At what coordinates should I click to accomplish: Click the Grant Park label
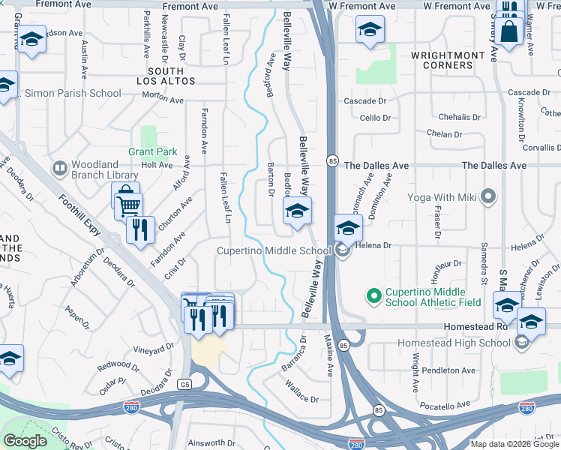153,151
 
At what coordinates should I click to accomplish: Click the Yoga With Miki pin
489,197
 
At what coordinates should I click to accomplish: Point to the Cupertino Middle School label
274,251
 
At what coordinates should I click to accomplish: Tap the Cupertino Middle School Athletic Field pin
372,296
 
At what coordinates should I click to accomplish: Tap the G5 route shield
184,384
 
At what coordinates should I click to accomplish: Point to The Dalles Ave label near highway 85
376,166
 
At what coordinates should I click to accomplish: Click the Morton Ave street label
163,99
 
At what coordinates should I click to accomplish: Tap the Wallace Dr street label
301,391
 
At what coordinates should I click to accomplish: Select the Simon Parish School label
73,94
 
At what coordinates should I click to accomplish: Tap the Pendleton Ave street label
448,370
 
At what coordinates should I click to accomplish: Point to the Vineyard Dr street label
154,349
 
